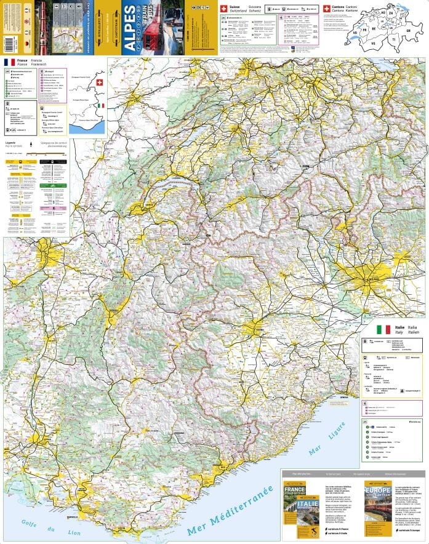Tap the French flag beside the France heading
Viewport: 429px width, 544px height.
(9, 63)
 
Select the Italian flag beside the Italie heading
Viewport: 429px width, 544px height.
(383, 330)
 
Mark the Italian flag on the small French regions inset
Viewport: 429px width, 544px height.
(101, 105)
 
